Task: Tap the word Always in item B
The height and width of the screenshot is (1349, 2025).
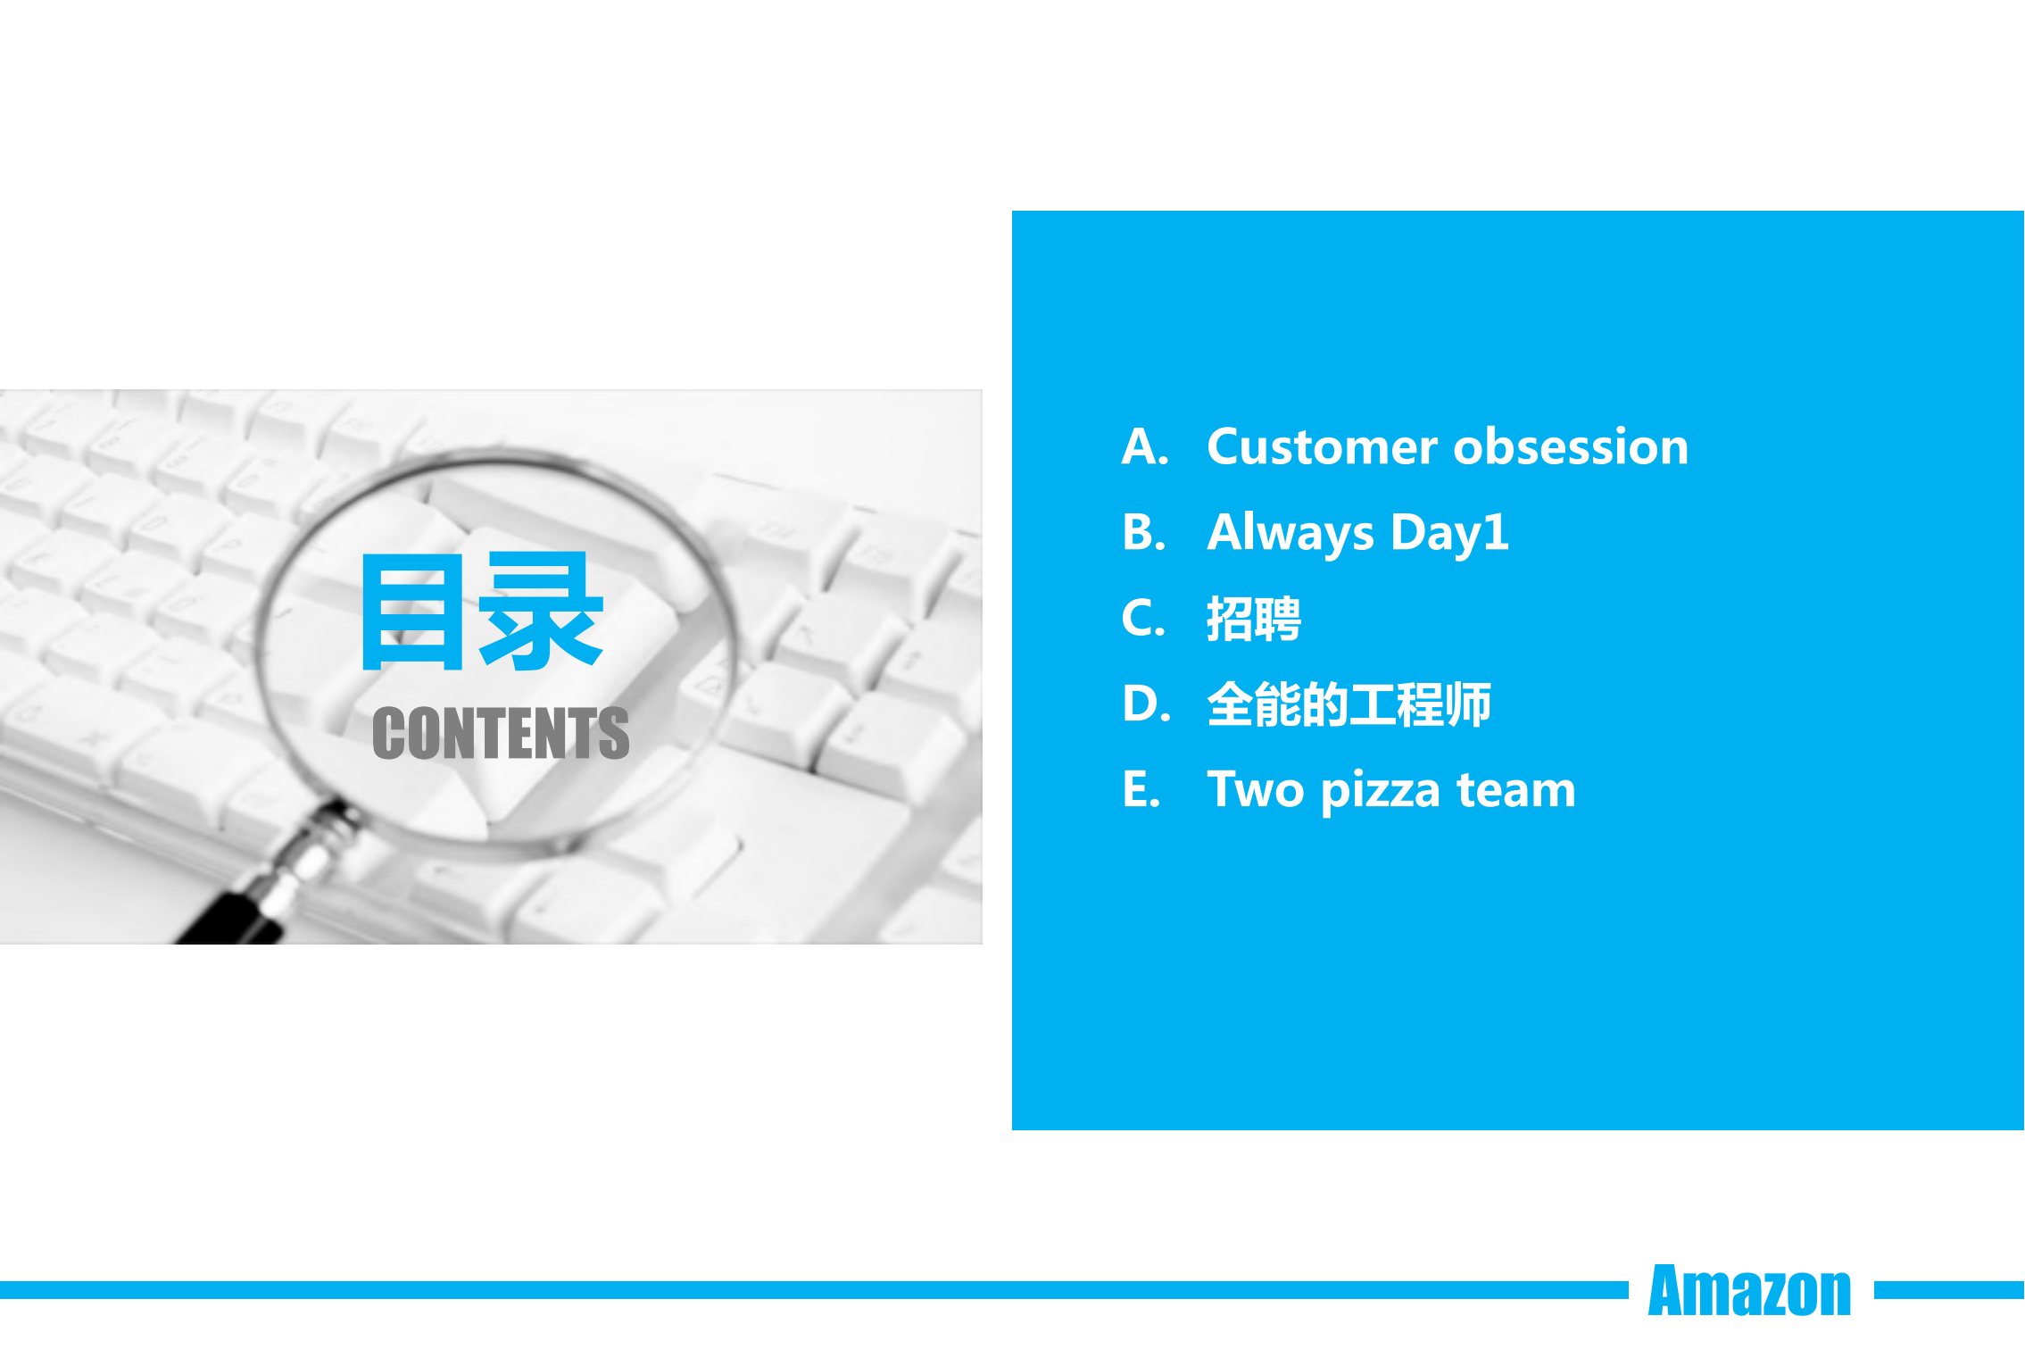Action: click(1290, 533)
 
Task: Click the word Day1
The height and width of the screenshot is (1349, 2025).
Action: click(1449, 533)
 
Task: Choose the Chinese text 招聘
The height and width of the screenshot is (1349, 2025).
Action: click(1254, 619)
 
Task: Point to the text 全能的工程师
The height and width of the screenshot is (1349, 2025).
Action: click(1349, 704)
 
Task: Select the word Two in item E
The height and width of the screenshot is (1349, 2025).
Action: click(1256, 790)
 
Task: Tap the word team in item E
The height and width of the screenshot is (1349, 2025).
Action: click(1516, 790)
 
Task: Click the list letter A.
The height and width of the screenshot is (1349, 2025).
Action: click(1143, 446)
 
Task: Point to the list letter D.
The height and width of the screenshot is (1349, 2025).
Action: click(1145, 704)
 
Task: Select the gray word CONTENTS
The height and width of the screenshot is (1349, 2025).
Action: click(501, 734)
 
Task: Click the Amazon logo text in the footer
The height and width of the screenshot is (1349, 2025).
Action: click(1749, 1291)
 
